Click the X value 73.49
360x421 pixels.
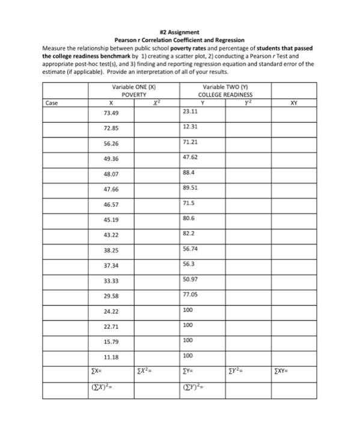111,113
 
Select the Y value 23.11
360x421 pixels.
190,111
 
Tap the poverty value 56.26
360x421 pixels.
111,144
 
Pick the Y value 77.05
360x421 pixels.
190,294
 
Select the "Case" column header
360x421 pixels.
52,102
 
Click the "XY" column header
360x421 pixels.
293,102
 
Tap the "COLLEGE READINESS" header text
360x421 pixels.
225,94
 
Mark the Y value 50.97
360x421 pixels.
190,278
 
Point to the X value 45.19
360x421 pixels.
111,220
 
